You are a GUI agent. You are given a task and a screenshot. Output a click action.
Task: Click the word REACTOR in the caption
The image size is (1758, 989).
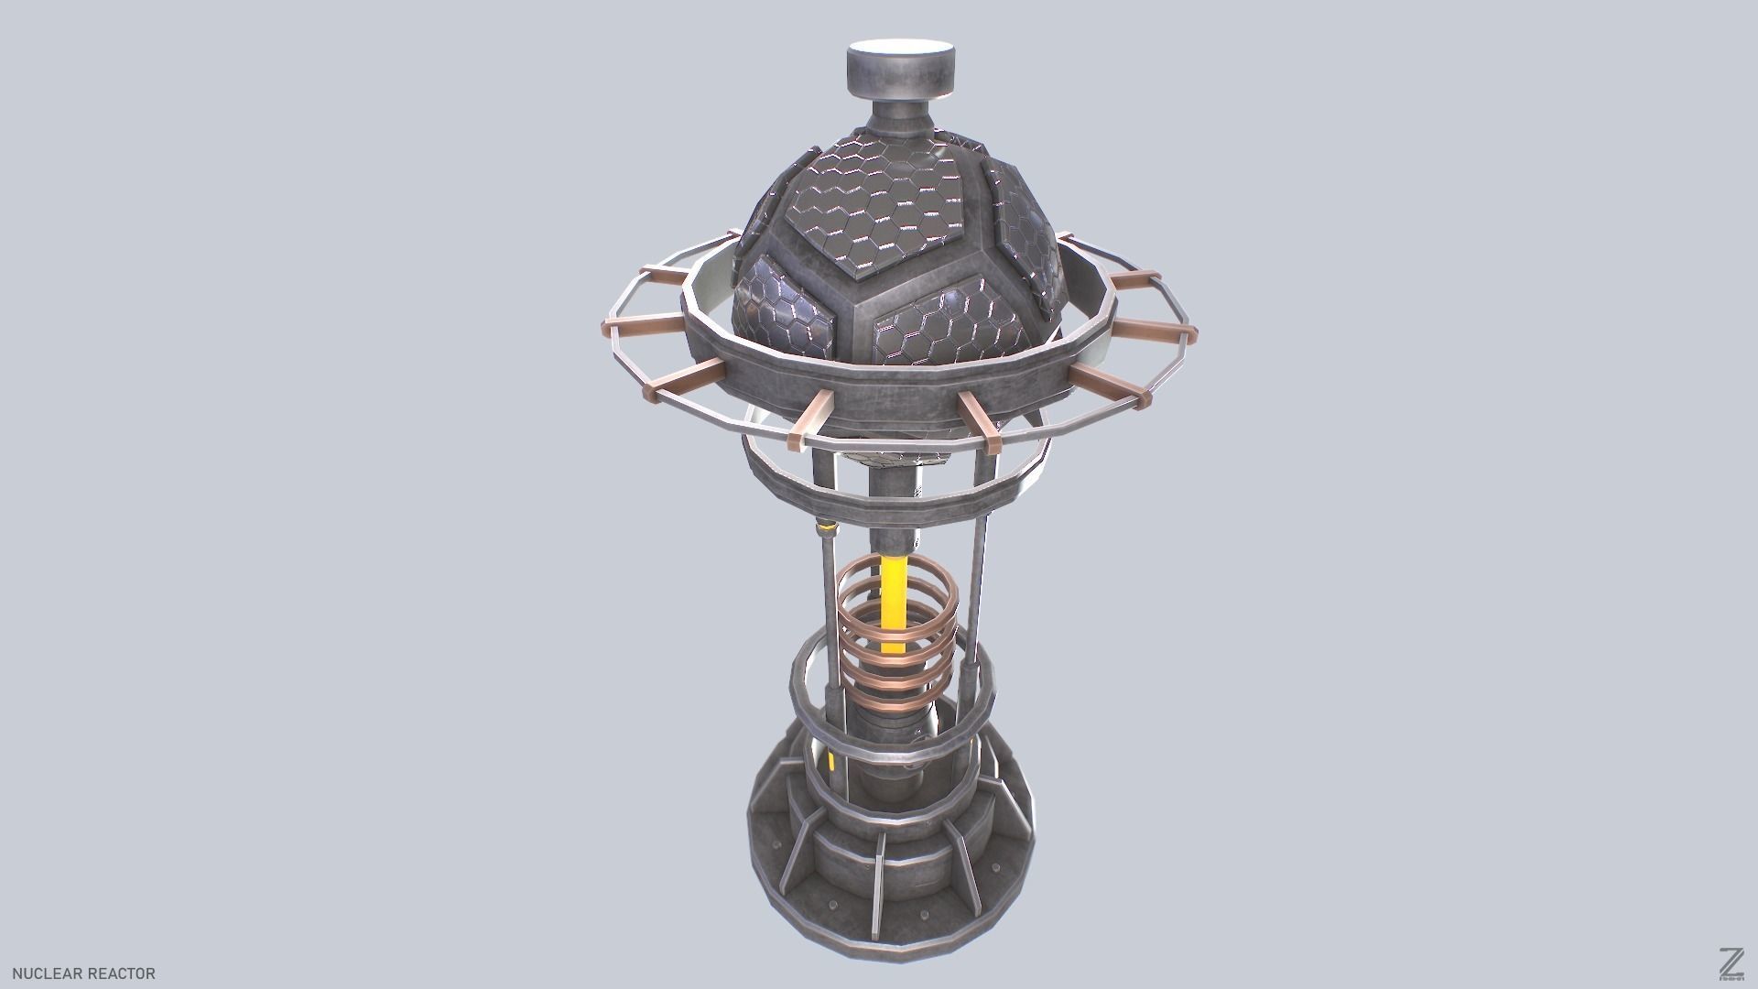coord(121,973)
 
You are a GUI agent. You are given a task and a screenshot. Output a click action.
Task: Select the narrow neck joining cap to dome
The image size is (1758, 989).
coord(897,119)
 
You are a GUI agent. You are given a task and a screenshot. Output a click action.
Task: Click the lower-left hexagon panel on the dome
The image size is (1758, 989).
coord(786,307)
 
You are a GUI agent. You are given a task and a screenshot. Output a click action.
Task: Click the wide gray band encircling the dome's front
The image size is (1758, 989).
coord(879,394)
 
